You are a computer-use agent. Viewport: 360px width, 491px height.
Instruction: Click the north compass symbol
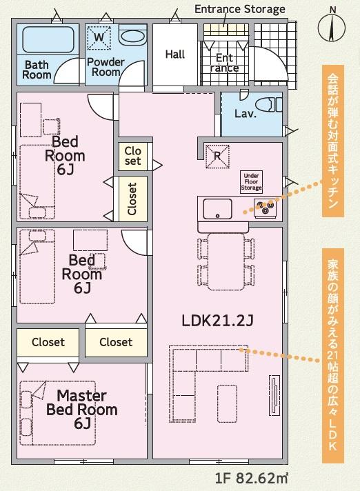point(332,27)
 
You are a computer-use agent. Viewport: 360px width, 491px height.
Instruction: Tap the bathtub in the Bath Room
point(48,40)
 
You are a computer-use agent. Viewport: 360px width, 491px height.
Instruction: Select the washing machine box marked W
point(99,38)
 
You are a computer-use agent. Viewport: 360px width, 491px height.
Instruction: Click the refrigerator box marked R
point(217,157)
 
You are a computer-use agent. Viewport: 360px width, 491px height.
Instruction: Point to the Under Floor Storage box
point(251,181)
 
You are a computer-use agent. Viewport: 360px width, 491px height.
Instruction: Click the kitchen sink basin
point(217,209)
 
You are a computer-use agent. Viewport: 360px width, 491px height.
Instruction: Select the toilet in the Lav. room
point(268,105)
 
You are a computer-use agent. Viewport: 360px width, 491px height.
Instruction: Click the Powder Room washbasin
point(132,37)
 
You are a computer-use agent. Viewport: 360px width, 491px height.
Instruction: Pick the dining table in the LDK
point(226,261)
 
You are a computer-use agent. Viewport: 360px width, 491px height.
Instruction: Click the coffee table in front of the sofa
point(228,403)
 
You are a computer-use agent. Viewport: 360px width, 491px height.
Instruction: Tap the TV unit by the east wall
point(274,395)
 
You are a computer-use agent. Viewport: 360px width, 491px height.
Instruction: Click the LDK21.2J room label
point(217,321)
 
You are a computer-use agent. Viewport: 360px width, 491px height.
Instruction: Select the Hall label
point(175,54)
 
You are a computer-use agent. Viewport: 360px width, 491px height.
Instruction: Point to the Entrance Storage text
point(240,9)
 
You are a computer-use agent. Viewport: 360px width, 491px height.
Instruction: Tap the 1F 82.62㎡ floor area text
point(251,478)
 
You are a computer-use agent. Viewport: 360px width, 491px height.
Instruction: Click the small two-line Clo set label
point(132,156)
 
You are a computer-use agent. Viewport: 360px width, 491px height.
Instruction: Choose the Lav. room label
point(246,113)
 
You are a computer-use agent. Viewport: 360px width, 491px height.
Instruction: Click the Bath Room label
point(37,70)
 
